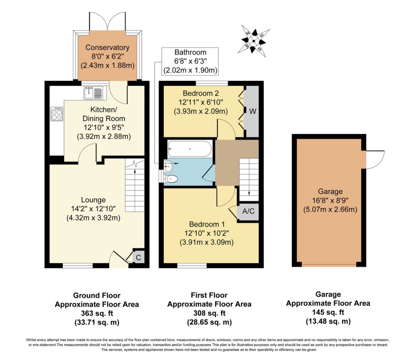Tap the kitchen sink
(x=93, y=93)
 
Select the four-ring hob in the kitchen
(x=56, y=115)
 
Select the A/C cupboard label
(x=248, y=211)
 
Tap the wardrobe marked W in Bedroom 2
(x=252, y=111)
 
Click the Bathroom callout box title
(x=190, y=52)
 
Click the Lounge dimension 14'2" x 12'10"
(x=93, y=209)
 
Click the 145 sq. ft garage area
(x=328, y=312)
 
